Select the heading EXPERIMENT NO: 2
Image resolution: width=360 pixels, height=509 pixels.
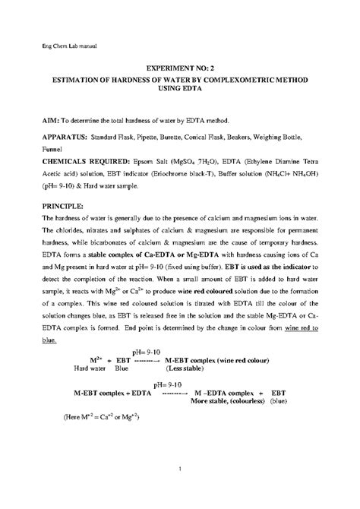tap(179, 68)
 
